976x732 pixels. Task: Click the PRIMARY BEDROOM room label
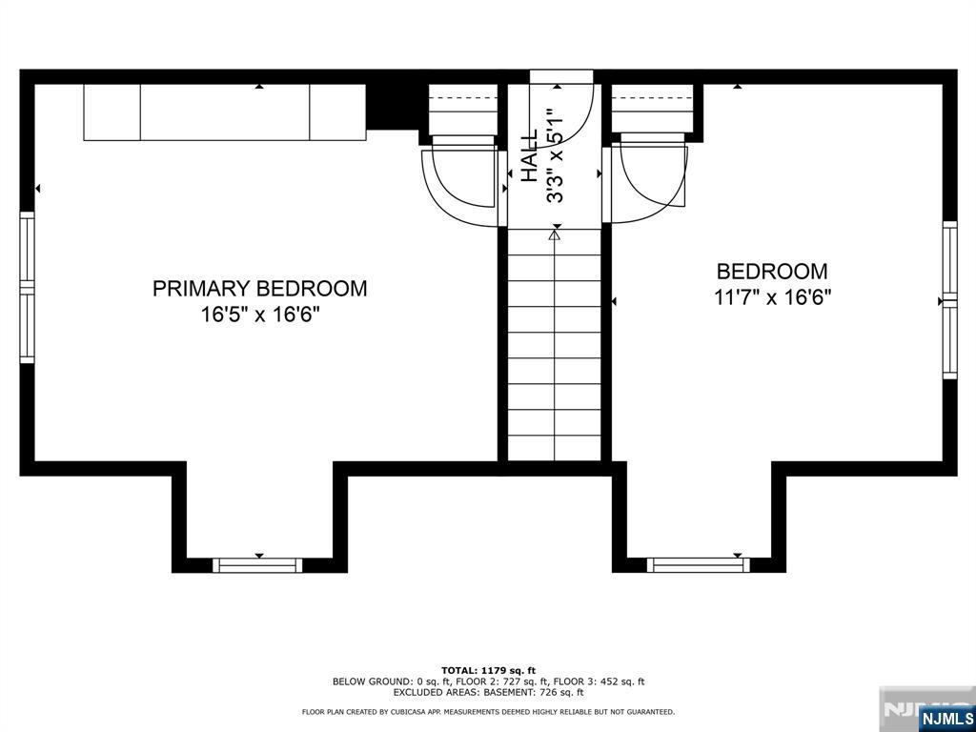coord(259,288)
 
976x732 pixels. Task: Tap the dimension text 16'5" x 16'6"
coord(259,315)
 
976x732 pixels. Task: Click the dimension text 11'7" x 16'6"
coord(772,297)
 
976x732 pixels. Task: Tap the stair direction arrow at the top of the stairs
coord(555,235)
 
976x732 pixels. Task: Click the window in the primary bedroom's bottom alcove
coord(257,565)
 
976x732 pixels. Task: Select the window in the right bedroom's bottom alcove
coord(699,565)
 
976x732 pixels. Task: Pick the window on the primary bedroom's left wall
coord(28,287)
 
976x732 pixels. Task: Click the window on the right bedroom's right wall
coord(950,300)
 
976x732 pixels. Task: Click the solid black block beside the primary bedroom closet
coord(392,107)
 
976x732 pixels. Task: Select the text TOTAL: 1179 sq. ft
coord(489,670)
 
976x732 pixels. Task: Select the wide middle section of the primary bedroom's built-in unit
coord(225,112)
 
